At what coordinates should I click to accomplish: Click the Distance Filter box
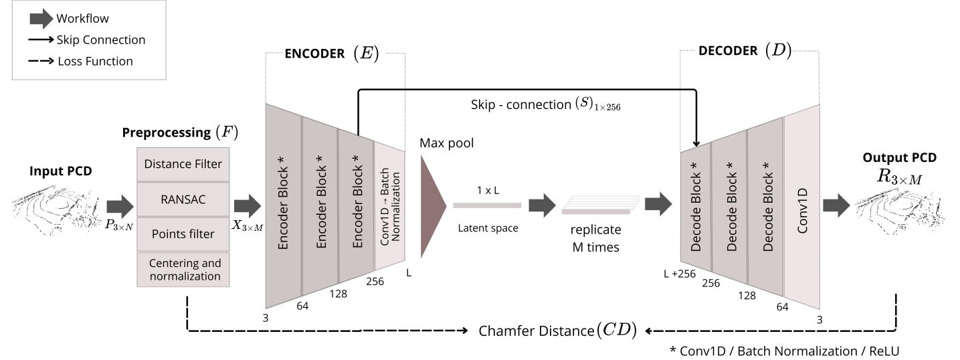point(183,164)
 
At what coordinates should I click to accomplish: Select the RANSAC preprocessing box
point(183,199)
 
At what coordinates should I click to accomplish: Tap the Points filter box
point(183,234)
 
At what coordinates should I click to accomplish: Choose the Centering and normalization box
point(183,268)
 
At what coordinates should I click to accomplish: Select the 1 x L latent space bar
point(487,205)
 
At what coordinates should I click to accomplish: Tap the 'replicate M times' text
point(595,239)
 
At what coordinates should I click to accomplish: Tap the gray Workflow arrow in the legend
point(41,19)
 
